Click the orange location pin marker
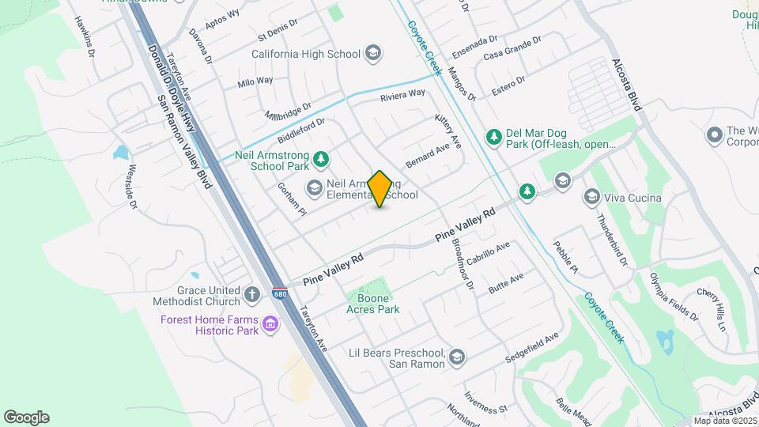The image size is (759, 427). pyautogui.click(x=380, y=189)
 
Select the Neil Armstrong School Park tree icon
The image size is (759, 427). pyautogui.click(x=321, y=161)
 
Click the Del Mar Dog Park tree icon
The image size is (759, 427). pyautogui.click(x=494, y=138)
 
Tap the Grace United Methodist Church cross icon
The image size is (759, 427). pyautogui.click(x=252, y=295)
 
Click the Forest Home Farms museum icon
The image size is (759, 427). pyautogui.click(x=270, y=324)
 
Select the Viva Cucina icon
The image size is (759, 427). pyautogui.click(x=591, y=196)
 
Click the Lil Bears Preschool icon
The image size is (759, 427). pyautogui.click(x=456, y=358)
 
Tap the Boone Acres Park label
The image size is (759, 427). pyautogui.click(x=374, y=304)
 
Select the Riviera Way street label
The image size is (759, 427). pyautogui.click(x=402, y=95)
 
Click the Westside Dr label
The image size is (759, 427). pyautogui.click(x=132, y=187)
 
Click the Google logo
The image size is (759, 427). pyautogui.click(x=26, y=417)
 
